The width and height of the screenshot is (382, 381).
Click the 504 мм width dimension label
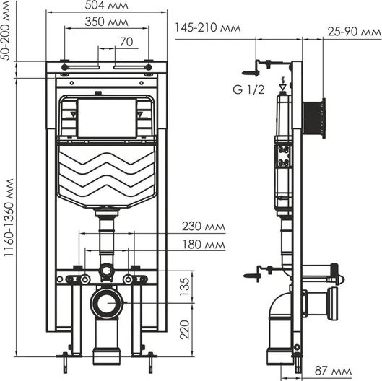pos(106,5)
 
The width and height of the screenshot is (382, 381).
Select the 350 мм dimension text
pos(106,22)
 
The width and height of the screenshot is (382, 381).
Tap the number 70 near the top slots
pos(126,42)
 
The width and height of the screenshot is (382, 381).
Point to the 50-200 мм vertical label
pos(5,30)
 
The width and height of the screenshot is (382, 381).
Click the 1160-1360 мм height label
pos(9,218)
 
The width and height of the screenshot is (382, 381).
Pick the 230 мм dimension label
pos(204,227)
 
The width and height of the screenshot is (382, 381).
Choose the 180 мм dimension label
pos(204,245)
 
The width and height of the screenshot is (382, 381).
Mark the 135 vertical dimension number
pos(184,286)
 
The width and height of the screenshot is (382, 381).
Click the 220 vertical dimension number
pos(184,330)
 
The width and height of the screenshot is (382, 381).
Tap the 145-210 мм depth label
pos(208,27)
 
